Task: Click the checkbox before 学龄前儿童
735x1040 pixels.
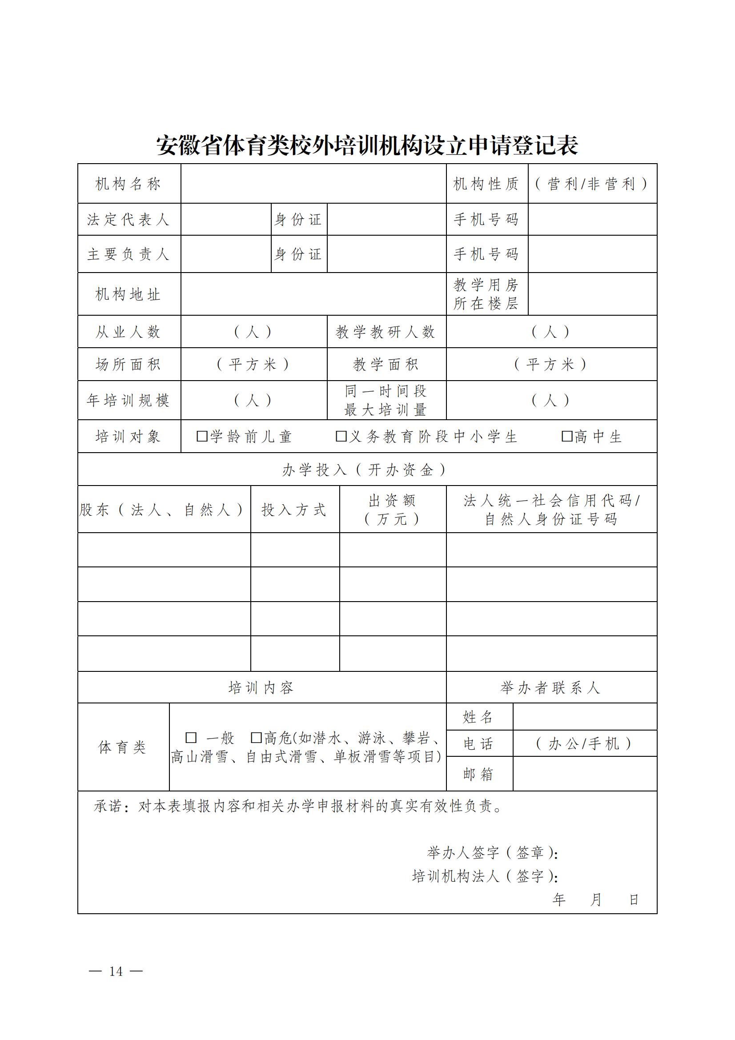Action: pos(202,436)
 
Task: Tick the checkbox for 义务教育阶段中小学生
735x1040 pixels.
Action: pos(341,436)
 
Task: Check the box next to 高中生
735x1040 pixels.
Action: pos(566,436)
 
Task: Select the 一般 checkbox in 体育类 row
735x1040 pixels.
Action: pos(191,739)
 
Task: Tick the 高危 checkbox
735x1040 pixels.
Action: pos(256,739)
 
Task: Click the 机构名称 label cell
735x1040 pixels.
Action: pos(129,184)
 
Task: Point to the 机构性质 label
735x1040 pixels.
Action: pos(486,184)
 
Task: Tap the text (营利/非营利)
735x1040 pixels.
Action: pos(591,184)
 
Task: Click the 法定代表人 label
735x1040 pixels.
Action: pos(129,220)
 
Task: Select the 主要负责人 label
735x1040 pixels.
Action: pos(129,254)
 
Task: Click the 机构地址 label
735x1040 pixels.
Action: pos(129,294)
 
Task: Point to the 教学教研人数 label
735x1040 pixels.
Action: pos(386,332)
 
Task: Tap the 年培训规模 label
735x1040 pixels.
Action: pos(129,401)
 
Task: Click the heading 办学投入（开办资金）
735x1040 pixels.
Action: pos(365,470)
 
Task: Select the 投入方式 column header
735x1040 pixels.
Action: pos(294,510)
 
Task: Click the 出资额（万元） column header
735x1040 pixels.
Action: pos(392,510)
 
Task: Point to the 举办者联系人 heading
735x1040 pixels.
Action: pos(550,688)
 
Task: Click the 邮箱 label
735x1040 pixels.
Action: pos(478,774)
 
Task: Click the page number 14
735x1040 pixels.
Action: pos(116,971)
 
